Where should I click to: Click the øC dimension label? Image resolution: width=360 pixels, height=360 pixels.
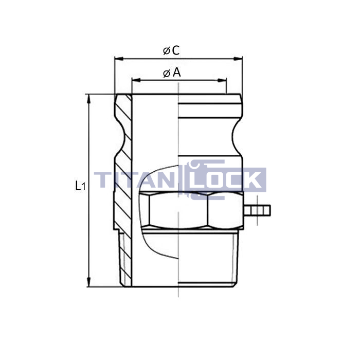(x=171, y=50)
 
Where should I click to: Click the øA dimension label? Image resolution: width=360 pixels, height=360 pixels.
(x=172, y=73)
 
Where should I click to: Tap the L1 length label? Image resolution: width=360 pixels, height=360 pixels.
(x=80, y=186)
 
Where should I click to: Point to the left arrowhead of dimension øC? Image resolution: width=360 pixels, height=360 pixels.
(x=119, y=59)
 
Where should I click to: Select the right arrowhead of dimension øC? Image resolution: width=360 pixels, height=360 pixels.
(x=238, y=59)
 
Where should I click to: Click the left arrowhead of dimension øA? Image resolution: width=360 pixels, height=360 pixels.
(x=136, y=80)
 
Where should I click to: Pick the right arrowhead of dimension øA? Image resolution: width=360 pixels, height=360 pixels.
(x=222, y=80)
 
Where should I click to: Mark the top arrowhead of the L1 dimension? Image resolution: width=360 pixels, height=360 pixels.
(x=89, y=99)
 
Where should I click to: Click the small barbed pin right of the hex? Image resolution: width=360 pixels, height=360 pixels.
(x=257, y=210)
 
